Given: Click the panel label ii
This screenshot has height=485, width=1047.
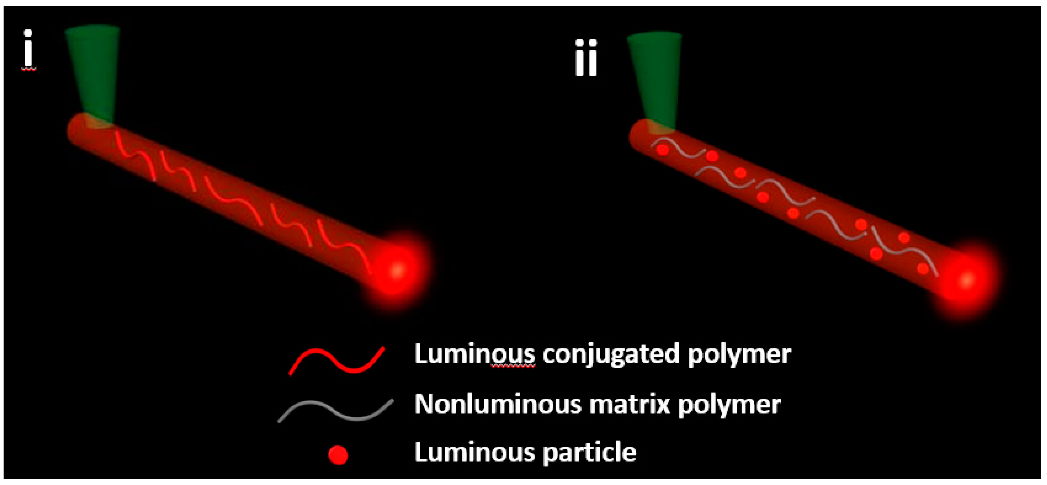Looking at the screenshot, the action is [x=586, y=58].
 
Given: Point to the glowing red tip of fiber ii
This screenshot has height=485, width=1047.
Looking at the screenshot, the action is [x=967, y=279].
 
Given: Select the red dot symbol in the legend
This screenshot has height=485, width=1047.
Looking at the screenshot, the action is [x=338, y=455].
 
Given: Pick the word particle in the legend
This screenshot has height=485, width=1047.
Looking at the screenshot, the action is [x=589, y=453].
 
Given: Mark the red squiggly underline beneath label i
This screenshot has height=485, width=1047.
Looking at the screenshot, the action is [x=29, y=70].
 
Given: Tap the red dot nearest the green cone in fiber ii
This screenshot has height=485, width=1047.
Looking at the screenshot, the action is [x=662, y=150].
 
